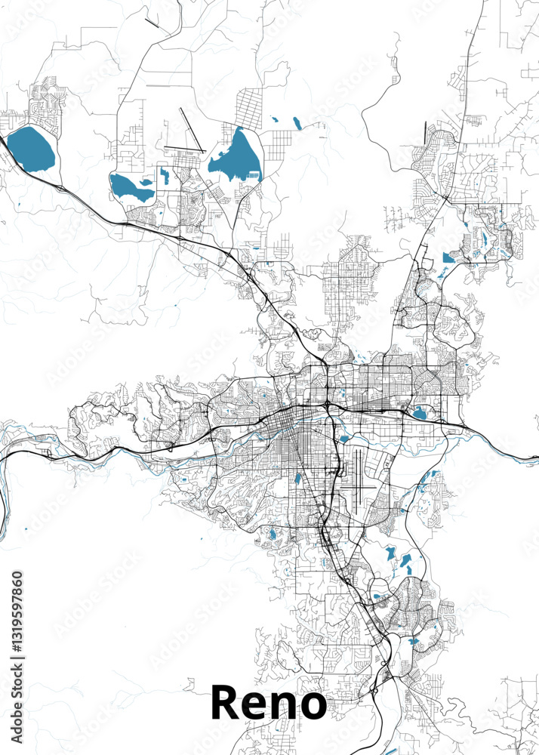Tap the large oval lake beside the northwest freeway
pyautogui.click(x=31, y=148)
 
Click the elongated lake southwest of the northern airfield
pyautogui.click(x=131, y=187)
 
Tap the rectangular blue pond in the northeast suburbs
pyautogui.click(x=448, y=257)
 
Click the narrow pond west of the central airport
pyautogui.click(x=297, y=478)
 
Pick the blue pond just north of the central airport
pyautogui.click(x=343, y=438)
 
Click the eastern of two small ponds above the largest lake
pyautogui.click(x=295, y=121)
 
